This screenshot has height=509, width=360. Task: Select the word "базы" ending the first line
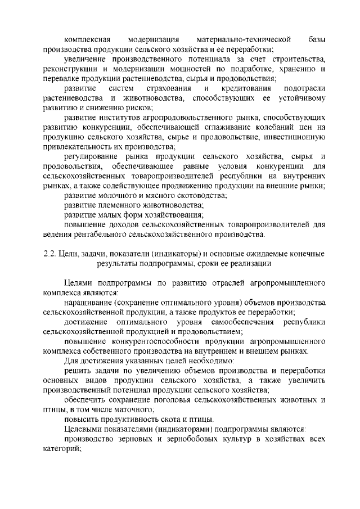click(316, 39)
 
